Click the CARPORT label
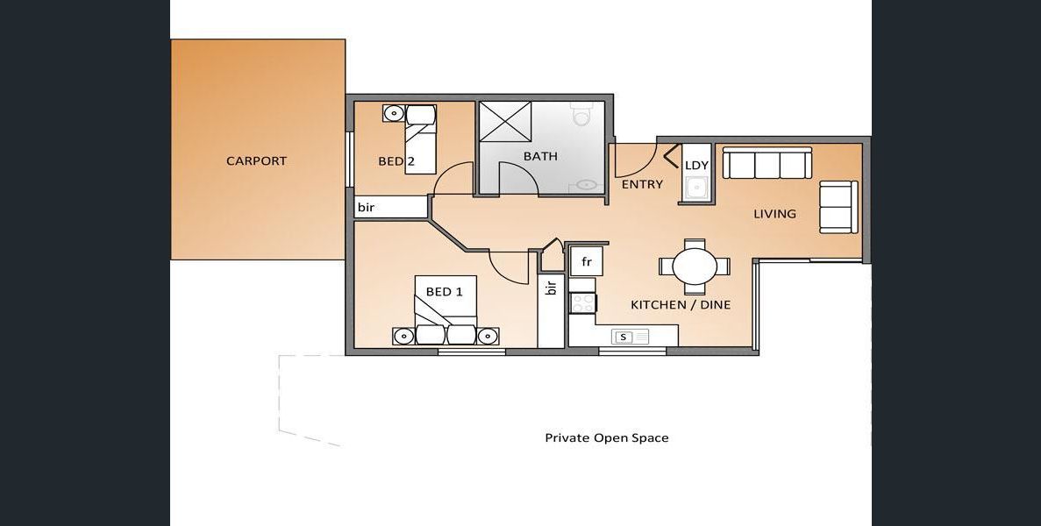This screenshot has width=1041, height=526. click(x=256, y=160)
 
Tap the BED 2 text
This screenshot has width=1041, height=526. click(x=397, y=161)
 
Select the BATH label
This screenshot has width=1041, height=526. click(x=540, y=157)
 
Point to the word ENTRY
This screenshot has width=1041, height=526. click(x=642, y=184)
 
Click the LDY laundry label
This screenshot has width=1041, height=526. click(x=696, y=165)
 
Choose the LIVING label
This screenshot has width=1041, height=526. click(x=774, y=214)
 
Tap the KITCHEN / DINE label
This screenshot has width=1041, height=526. click(x=681, y=304)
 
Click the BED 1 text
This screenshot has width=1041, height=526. click(x=444, y=291)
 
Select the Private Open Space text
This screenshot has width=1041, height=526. click(x=607, y=437)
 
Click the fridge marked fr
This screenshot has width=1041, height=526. click(x=587, y=261)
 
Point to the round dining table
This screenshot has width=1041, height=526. click(x=695, y=267)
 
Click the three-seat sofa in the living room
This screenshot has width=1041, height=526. click(x=767, y=163)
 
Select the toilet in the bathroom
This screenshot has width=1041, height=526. click(x=581, y=115)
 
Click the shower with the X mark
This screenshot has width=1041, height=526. click(x=505, y=121)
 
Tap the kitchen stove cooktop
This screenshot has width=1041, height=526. click(x=583, y=302)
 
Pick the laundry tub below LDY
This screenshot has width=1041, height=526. click(x=695, y=188)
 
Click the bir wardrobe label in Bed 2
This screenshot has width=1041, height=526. click(x=366, y=208)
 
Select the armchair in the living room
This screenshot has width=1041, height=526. click(x=838, y=206)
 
